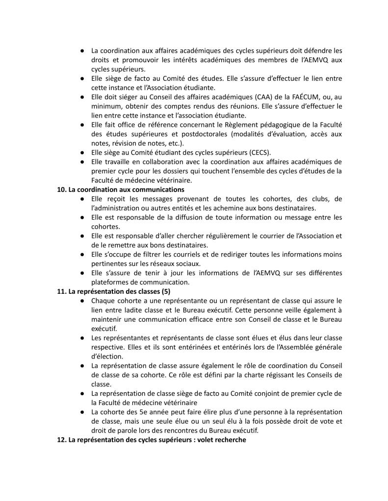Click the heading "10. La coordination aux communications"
[x=120, y=190]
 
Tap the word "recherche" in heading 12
[x=230, y=440]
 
